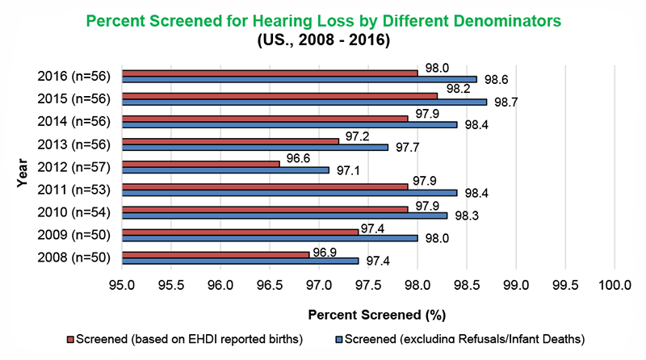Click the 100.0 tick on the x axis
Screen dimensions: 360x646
tap(615, 286)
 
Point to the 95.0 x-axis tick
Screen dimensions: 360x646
tap(122, 286)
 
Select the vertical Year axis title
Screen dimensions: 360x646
tap(21, 168)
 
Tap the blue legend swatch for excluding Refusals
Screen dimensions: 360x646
tap(339, 339)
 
